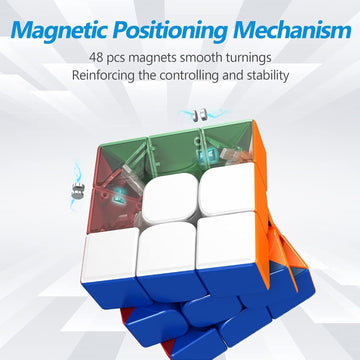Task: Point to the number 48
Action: pos(104,57)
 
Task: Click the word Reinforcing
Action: pos(113,76)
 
